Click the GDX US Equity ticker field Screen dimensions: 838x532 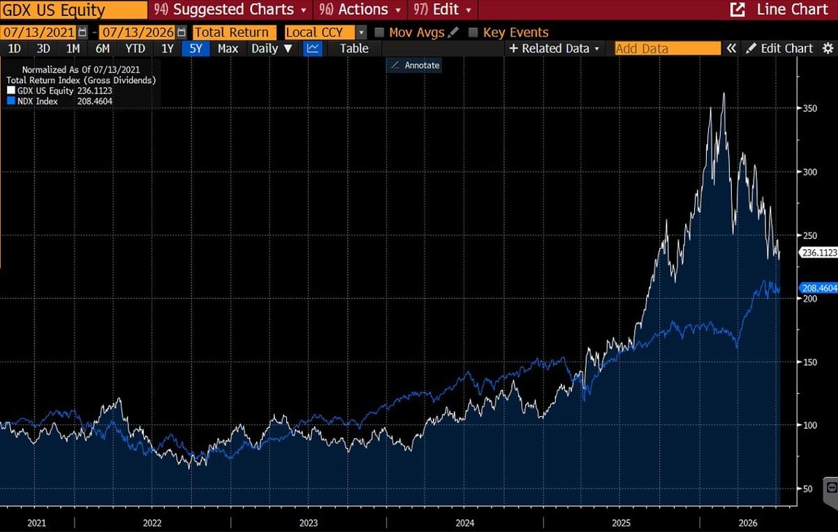(74, 10)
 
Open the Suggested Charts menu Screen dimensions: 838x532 (230, 10)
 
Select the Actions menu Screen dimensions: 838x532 (360, 10)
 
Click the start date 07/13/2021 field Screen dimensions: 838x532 (38, 32)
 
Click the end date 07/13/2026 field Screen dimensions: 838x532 (138, 32)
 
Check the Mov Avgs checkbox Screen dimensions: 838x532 (379, 33)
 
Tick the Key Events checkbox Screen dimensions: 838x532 (473, 33)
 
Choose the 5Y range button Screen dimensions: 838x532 (196, 49)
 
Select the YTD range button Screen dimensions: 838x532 (135, 49)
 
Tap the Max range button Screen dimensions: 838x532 (228, 49)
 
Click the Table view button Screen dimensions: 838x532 (354, 49)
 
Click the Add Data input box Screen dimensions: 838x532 (668, 49)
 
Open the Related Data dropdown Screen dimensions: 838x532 (554, 49)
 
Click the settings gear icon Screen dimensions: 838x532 (828, 48)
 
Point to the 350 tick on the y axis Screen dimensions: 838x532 (809, 108)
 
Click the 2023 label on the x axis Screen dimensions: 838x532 (308, 523)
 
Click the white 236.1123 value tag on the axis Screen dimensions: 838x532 (818, 253)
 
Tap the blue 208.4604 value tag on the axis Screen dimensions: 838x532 (818, 288)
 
